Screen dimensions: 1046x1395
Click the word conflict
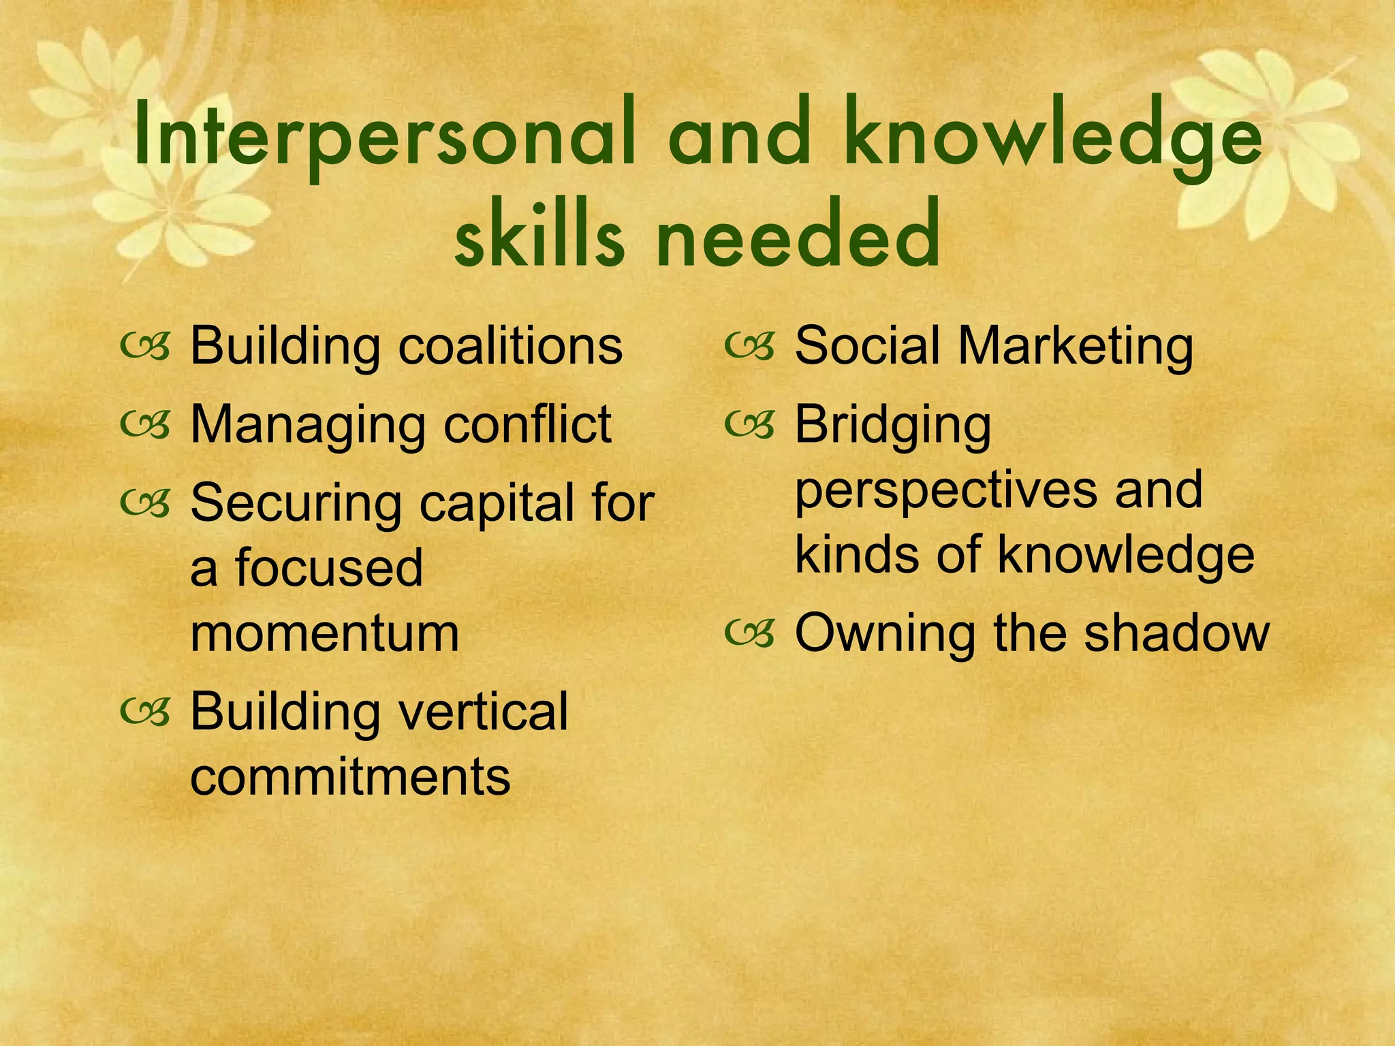pyautogui.click(x=527, y=424)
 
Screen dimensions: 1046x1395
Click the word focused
pyautogui.click(x=329, y=569)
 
